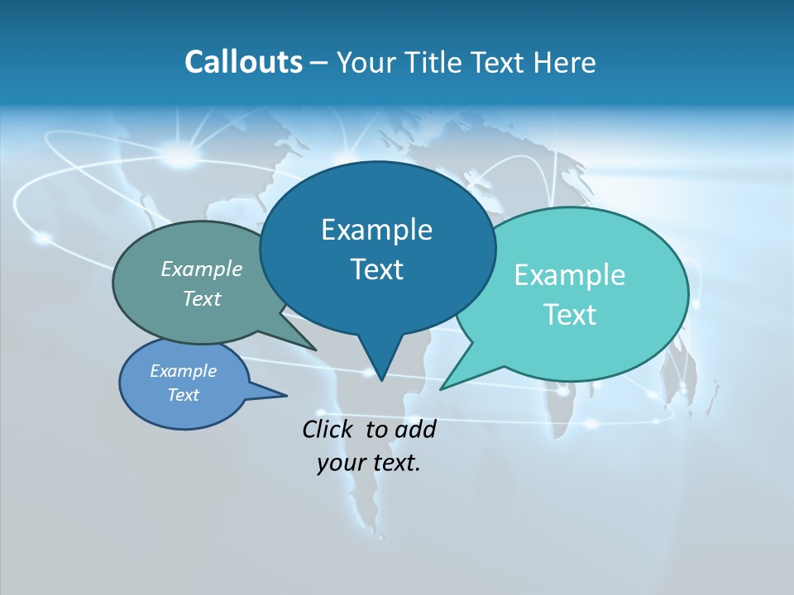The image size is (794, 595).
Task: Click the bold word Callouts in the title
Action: coord(243,62)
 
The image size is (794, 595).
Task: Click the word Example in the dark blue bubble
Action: coord(376,230)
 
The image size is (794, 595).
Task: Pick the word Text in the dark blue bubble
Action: coord(376,269)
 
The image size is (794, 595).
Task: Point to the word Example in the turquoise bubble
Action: coord(570,275)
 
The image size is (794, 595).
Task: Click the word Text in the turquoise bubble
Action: coord(570,315)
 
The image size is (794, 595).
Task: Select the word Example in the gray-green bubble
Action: coord(202,269)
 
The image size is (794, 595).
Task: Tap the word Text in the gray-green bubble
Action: coord(202,298)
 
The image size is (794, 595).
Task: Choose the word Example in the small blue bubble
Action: coord(184,371)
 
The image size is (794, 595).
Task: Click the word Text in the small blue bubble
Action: coord(184,395)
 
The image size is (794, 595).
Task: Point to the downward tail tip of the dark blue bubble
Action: coord(381,380)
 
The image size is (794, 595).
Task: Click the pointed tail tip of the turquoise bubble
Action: coord(441,388)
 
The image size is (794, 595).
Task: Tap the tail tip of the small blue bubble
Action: coord(286,395)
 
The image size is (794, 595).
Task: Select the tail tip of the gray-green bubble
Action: coord(315,350)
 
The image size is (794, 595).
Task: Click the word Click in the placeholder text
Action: coord(330,429)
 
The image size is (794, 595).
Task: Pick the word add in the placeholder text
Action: coord(415,429)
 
